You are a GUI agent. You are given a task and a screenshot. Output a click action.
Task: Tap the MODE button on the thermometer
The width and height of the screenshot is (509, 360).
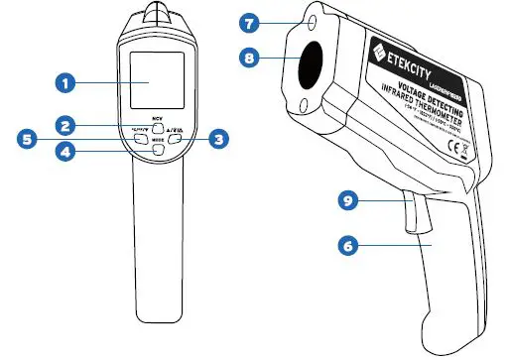pos(157,150)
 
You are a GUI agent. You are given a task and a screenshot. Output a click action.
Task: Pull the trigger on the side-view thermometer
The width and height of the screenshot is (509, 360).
pos(410,213)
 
